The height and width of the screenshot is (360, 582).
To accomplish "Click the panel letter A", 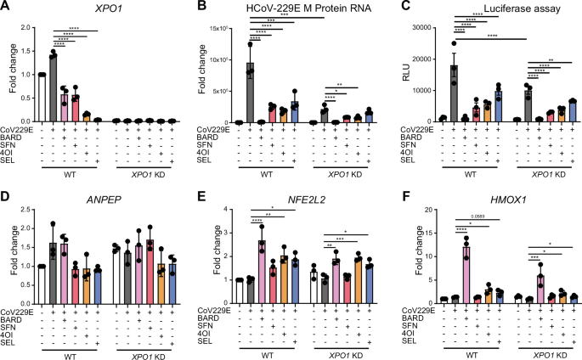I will pos(6,8).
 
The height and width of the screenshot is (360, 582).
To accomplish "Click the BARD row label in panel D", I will pos(15,321).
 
